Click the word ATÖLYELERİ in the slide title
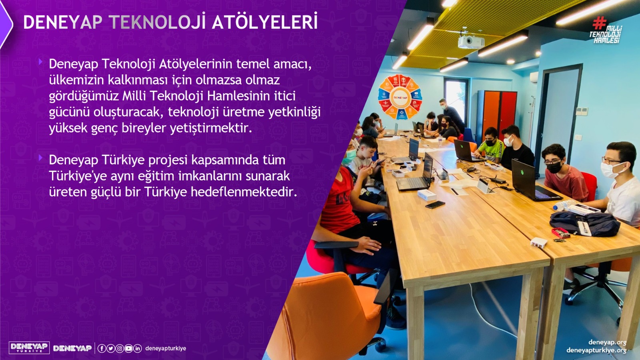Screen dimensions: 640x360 pos(264,22)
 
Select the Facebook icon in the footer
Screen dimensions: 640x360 pos(102,348)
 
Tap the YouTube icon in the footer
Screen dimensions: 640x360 pos(128,348)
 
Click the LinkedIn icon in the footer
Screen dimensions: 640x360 pos(138,348)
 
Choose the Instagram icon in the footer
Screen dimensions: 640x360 pos(120,348)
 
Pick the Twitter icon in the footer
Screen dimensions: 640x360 pos(110,348)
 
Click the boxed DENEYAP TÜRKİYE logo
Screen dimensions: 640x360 pos(29,348)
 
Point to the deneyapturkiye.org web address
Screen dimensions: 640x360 pos(596,350)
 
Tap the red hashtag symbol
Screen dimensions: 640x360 pos(600,23)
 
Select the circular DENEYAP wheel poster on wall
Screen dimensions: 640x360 pos(400,96)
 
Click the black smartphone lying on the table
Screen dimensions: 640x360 pos(435,204)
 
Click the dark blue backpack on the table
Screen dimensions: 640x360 pos(585,224)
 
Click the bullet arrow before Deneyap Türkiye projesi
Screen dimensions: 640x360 pos(40,157)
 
